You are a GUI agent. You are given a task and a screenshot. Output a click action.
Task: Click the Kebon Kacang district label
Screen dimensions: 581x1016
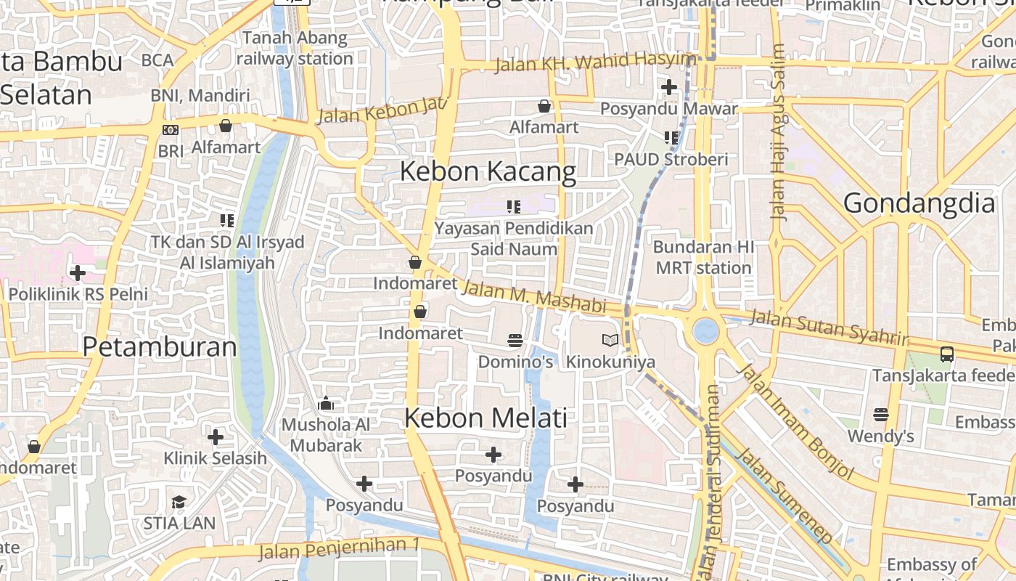pos(488,172)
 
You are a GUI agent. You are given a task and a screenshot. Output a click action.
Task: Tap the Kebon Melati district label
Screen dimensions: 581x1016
pos(486,418)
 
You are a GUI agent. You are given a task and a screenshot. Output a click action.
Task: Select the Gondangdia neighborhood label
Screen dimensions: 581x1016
pos(919,203)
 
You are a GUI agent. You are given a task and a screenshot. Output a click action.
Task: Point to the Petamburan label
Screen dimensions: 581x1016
pos(160,346)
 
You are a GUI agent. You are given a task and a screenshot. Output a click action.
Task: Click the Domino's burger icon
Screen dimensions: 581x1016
pos(515,340)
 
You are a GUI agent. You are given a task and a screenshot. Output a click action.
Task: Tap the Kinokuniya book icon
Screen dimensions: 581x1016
pos(610,340)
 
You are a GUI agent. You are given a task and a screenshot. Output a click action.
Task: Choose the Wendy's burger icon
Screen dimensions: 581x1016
pos(881,415)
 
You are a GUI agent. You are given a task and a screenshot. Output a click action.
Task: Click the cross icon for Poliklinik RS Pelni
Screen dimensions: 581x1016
pos(77,273)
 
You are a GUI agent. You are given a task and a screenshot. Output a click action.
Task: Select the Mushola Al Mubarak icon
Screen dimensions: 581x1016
pos(326,403)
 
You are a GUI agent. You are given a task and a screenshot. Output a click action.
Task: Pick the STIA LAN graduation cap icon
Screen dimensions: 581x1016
pos(179,502)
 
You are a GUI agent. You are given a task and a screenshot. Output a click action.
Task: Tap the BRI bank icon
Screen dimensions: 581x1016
pos(171,130)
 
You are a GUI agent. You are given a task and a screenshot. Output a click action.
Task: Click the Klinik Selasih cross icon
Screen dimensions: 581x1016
pos(216,437)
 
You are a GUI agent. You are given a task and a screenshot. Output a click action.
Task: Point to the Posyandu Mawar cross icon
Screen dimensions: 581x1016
pos(668,87)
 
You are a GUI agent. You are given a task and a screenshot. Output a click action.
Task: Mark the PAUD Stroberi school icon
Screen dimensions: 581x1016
pos(671,137)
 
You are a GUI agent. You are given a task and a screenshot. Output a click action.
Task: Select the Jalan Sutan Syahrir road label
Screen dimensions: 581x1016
pos(828,328)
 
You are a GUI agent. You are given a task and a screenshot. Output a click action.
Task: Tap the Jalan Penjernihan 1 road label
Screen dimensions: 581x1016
pos(340,549)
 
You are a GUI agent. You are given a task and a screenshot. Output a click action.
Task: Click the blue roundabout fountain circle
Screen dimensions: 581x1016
pos(705,331)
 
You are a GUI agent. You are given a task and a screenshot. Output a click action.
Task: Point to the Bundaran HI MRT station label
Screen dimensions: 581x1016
pos(703,257)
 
